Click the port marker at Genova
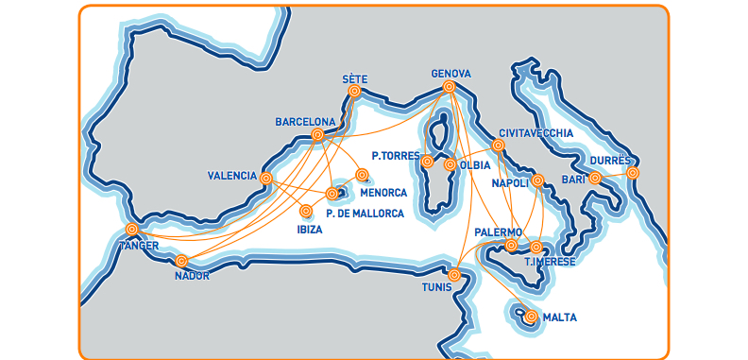pyautogui.click(x=449, y=87)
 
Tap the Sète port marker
pyautogui.click(x=354, y=92)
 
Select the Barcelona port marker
pyautogui.click(x=317, y=135)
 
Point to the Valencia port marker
pyautogui.click(x=266, y=178)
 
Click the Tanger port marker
pyautogui.click(x=131, y=230)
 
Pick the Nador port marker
pyautogui.click(x=182, y=261)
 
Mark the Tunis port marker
pyautogui.click(x=454, y=275)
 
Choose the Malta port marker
pyautogui.click(x=531, y=317)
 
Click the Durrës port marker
pyautogui.click(x=632, y=173)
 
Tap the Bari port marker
pyautogui.click(x=595, y=177)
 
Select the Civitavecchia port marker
pyautogui.click(x=499, y=146)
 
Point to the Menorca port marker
pyautogui.click(x=362, y=174)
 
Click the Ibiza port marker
pyautogui.click(x=306, y=211)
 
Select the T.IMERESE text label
pyautogui.click(x=549, y=262)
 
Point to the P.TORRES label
pyautogui.click(x=395, y=155)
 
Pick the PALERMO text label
pyautogui.click(x=499, y=231)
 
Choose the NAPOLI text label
pyautogui.click(x=512, y=183)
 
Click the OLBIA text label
pyautogui.click(x=476, y=164)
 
